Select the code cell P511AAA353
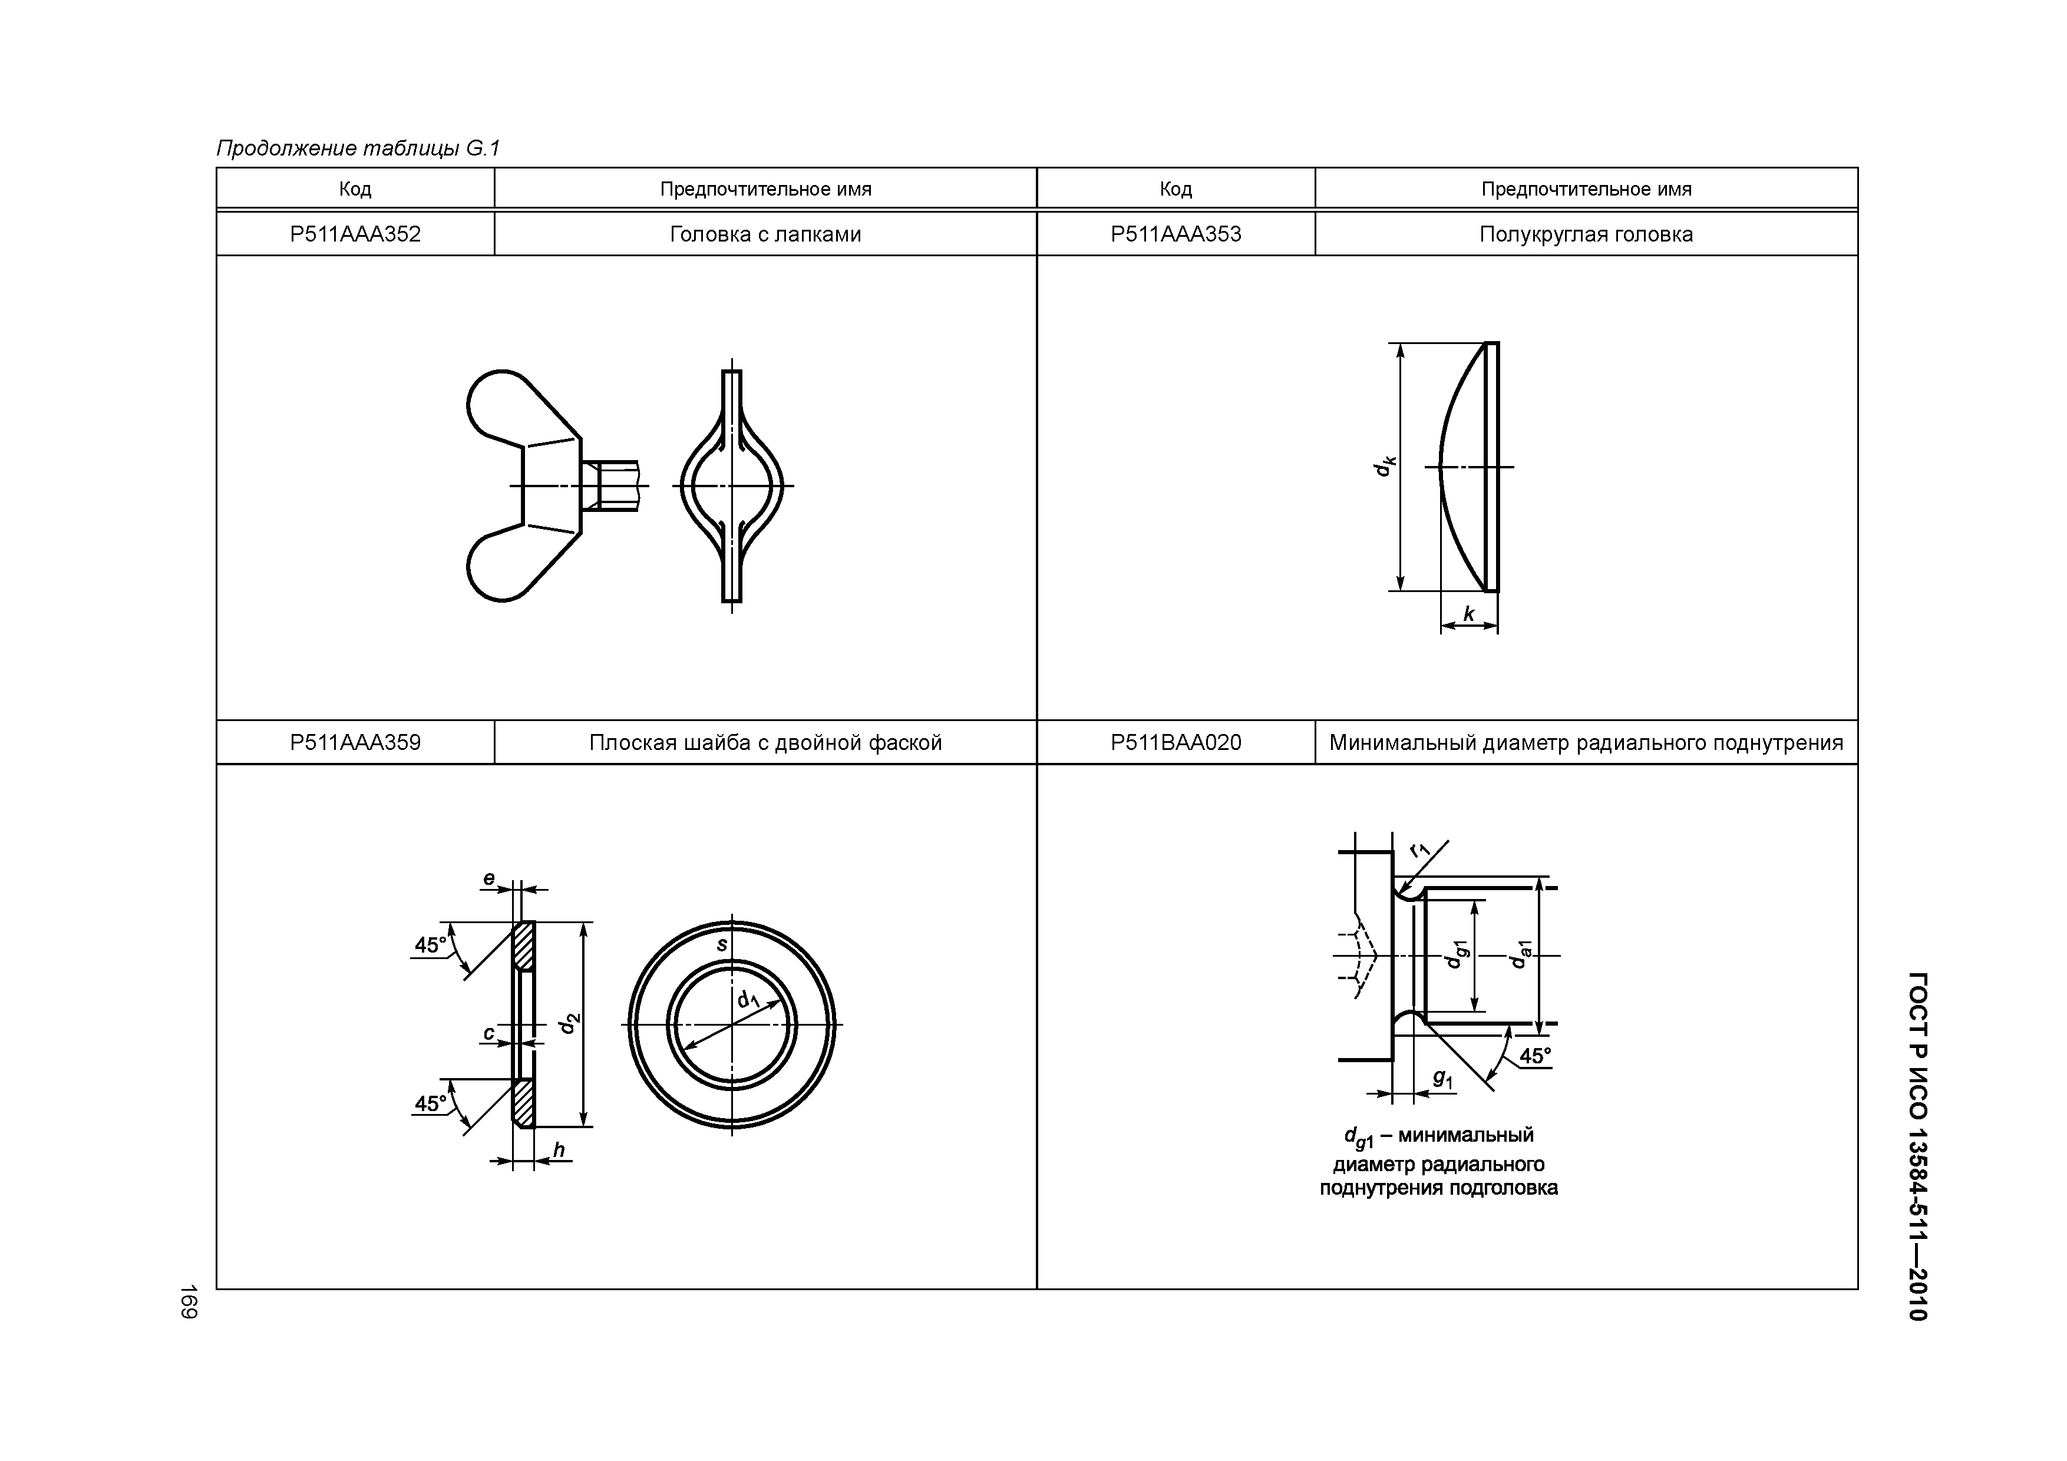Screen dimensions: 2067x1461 1176,234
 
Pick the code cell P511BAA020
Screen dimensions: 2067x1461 1176,743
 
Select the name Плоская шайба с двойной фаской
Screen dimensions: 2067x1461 765,743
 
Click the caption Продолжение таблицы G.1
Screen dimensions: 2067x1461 358,148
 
